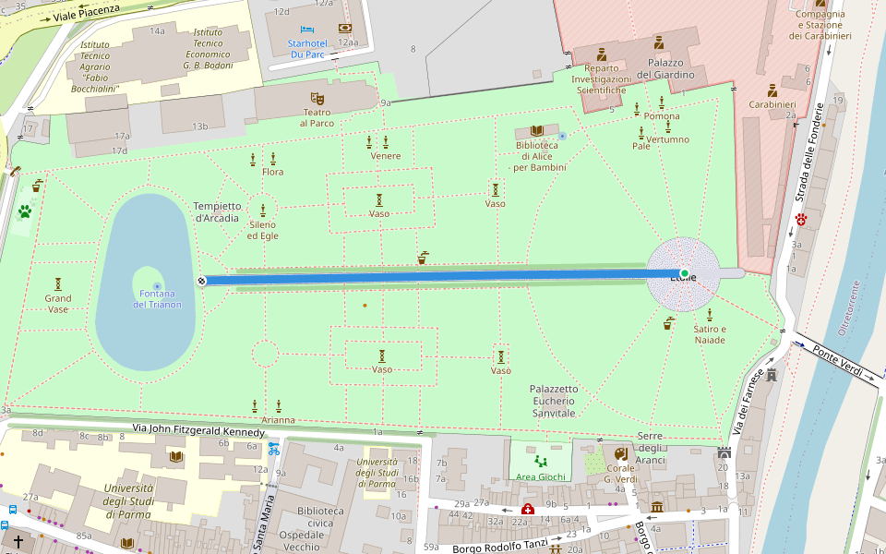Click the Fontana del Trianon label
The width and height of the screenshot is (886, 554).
click(x=157, y=298)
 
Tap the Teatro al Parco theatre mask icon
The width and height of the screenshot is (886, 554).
click(x=317, y=98)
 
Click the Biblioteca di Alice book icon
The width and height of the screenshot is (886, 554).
click(x=536, y=131)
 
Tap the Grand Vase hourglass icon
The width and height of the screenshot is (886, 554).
click(x=58, y=283)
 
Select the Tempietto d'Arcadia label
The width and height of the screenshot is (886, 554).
click(x=217, y=211)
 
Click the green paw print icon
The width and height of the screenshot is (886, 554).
click(x=24, y=211)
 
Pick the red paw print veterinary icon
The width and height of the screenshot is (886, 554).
click(x=802, y=220)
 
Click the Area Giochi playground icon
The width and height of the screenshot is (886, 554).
click(x=540, y=460)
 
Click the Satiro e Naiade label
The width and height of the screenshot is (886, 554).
click(x=710, y=334)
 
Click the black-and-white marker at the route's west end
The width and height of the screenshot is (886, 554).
click(x=202, y=280)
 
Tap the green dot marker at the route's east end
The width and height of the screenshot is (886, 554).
click(x=684, y=273)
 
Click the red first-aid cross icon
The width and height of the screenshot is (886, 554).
click(x=528, y=509)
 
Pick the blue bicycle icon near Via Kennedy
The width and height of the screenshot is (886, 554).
click(x=273, y=450)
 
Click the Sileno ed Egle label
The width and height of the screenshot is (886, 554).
click(x=263, y=230)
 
